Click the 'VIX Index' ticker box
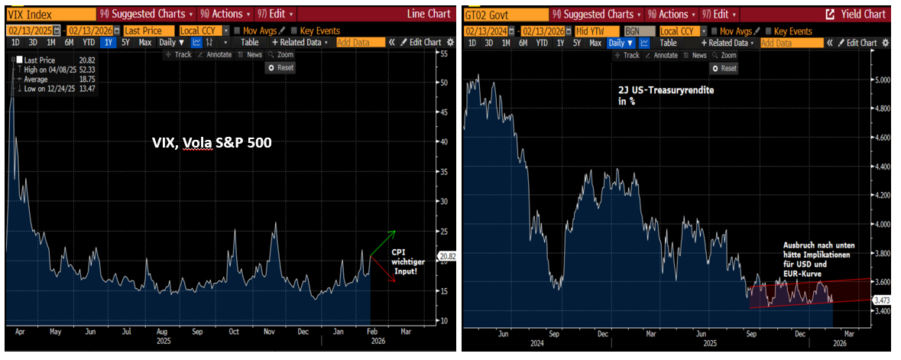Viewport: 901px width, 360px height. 31,14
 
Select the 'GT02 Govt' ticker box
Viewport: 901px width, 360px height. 490,14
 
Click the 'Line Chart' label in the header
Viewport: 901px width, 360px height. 429,14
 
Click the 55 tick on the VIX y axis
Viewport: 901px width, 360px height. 442,55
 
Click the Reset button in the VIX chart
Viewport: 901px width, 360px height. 280,67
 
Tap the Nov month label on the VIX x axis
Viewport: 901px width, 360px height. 269,332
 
